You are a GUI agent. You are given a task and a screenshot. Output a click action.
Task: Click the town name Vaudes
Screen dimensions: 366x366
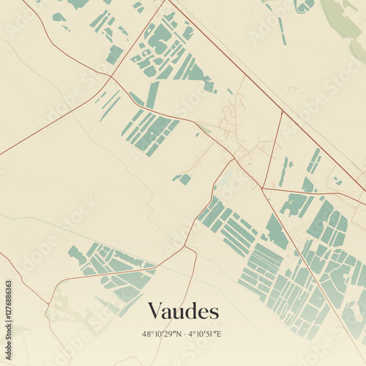pyautogui.click(x=183, y=311)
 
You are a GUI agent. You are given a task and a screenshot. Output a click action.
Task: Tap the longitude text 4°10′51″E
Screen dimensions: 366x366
pyautogui.click(x=205, y=334)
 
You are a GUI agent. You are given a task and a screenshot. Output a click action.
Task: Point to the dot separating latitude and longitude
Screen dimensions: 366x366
pyautogui.click(x=185, y=334)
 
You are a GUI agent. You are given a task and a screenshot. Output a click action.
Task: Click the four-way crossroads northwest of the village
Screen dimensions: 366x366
pyautogui.click(x=111, y=75)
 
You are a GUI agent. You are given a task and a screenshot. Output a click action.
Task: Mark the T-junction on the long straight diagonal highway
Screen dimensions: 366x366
pyautogui.click(x=282, y=112)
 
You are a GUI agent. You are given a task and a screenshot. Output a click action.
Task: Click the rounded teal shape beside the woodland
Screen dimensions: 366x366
pyautogui.click(x=304, y=6)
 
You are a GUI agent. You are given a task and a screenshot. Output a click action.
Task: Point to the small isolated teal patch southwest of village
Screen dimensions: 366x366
pyautogui.click(x=183, y=178)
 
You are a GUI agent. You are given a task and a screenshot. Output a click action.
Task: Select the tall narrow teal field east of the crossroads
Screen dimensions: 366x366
pyautogui.click(x=152, y=95)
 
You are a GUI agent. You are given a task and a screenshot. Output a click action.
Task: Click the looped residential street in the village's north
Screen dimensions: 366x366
pyautogui.click(x=231, y=113)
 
